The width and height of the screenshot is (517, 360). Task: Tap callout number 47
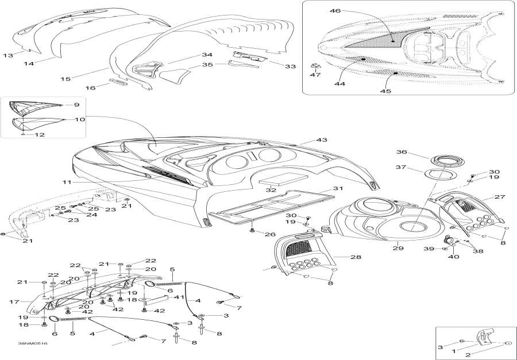(x=315, y=75)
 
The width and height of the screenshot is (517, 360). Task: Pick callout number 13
(x=7, y=55)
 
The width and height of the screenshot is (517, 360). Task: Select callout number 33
(x=290, y=67)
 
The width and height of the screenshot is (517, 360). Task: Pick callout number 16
(x=90, y=87)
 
